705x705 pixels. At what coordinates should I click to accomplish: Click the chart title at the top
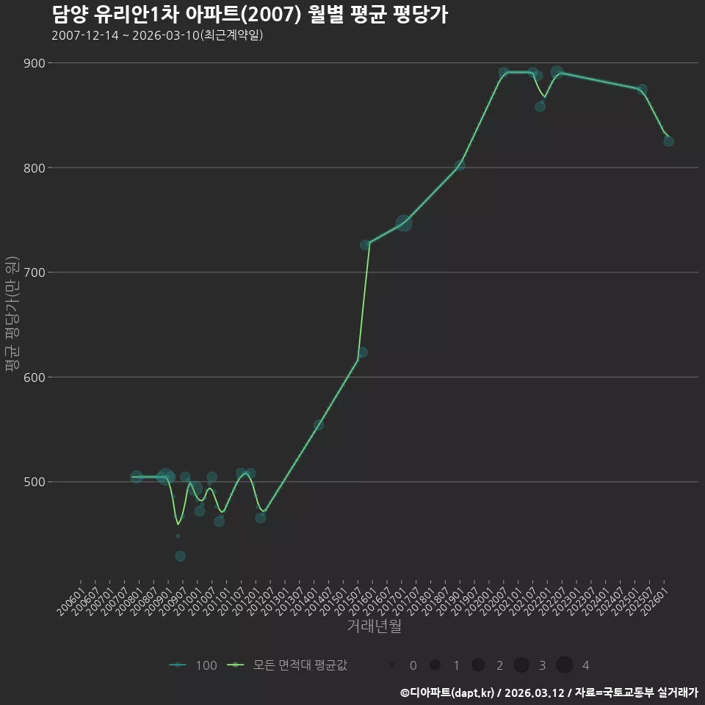click(x=250, y=15)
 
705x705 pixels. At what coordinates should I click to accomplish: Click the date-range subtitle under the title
click(x=157, y=35)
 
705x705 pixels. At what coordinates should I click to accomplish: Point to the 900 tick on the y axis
click(x=35, y=63)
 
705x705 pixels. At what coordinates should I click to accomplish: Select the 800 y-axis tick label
click(x=35, y=168)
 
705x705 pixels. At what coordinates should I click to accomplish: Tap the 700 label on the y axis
click(x=35, y=272)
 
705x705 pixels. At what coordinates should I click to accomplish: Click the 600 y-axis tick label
click(x=35, y=377)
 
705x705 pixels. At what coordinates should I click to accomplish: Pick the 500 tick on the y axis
click(x=35, y=482)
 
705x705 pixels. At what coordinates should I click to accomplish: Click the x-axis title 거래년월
click(x=374, y=626)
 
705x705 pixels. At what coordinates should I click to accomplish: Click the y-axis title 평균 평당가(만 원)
click(x=12, y=314)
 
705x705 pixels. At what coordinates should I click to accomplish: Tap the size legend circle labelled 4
click(x=564, y=665)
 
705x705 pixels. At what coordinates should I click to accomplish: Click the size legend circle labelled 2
click(x=478, y=665)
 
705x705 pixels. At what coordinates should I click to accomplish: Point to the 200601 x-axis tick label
click(x=70, y=601)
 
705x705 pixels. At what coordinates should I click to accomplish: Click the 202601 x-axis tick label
click(x=654, y=601)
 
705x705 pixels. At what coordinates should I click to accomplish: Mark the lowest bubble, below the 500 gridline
click(x=181, y=556)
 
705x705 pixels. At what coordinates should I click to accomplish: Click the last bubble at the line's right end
click(x=668, y=141)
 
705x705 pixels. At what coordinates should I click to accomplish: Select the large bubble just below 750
click(x=404, y=223)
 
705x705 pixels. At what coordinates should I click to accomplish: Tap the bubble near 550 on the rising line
click(x=319, y=425)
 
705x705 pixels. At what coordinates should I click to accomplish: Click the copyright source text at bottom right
click(x=549, y=693)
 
